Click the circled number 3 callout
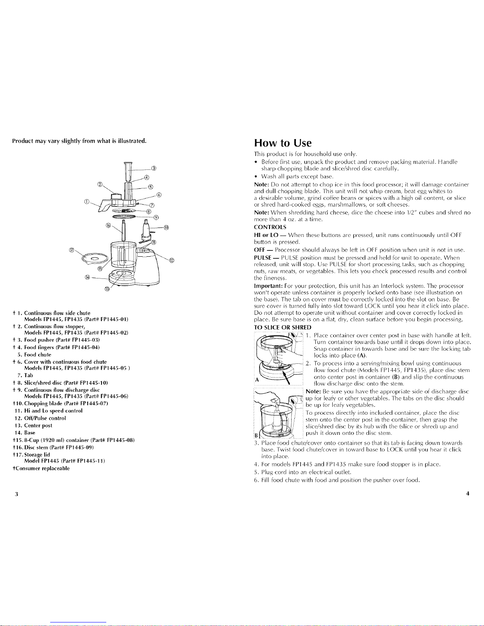click(x=154, y=168)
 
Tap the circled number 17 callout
click(x=72, y=250)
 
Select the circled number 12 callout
click(x=172, y=260)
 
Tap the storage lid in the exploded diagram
click(x=95, y=259)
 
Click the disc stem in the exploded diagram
click(x=124, y=231)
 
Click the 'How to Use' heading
click(x=282, y=143)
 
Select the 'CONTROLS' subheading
click(x=270, y=227)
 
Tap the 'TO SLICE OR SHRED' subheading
click(x=282, y=327)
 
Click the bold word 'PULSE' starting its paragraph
click(x=262, y=258)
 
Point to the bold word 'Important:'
click(x=268, y=286)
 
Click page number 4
click(x=467, y=493)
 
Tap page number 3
click(x=17, y=494)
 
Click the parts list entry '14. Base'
click(x=25, y=433)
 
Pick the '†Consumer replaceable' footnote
click(x=41, y=468)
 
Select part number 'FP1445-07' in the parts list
click(x=91, y=403)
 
